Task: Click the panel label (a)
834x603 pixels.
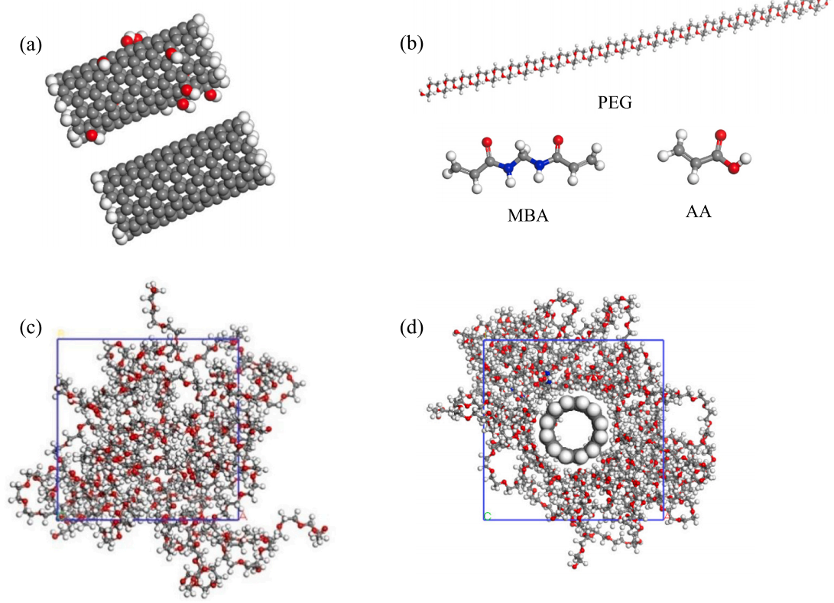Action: pyautogui.click(x=31, y=45)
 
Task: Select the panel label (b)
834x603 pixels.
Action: pyautogui.click(x=411, y=45)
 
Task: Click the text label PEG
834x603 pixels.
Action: pyautogui.click(x=615, y=102)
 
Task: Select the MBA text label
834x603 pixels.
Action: pyautogui.click(x=528, y=216)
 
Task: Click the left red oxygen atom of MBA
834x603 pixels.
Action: pyautogui.click(x=486, y=142)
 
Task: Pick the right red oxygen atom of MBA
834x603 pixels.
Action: pyautogui.click(x=558, y=141)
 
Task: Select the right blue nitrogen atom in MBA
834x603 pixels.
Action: pyautogui.click(x=540, y=163)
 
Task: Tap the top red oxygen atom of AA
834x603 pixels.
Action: pyautogui.click(x=720, y=136)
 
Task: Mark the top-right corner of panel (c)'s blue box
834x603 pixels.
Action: pyautogui.click(x=239, y=339)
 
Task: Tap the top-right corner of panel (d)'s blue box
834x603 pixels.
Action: pyautogui.click(x=664, y=340)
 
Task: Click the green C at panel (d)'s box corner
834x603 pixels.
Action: pyautogui.click(x=487, y=517)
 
